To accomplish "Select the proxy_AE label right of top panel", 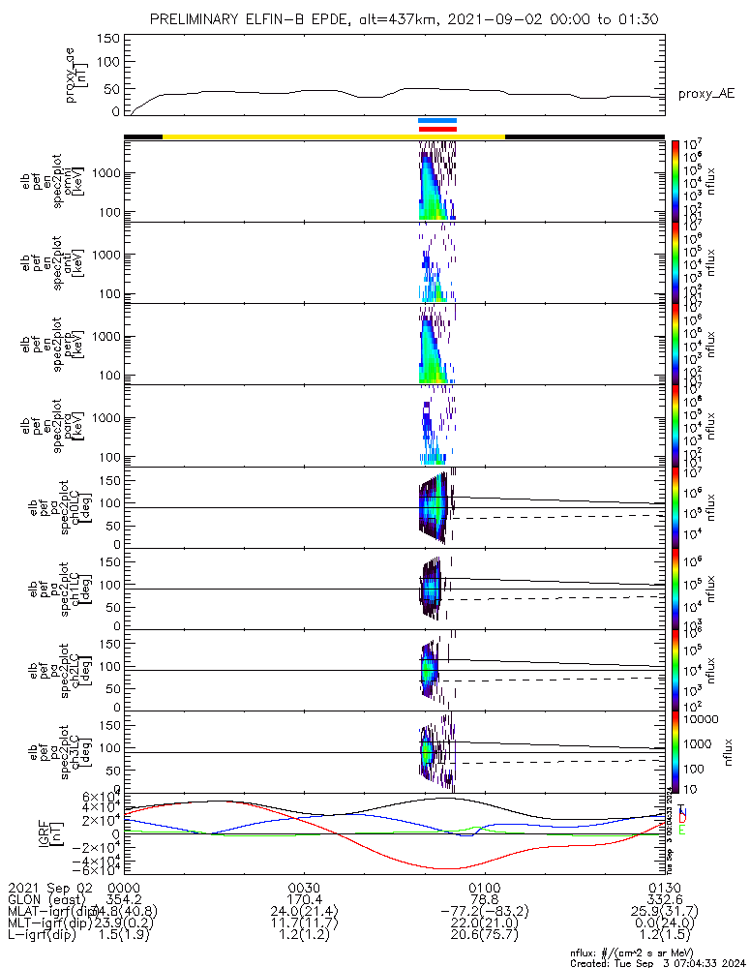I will coord(707,94).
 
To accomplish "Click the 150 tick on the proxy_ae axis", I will coord(108,38).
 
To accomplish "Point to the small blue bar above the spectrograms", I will coord(437,121).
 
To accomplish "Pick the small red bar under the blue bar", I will coord(437,129).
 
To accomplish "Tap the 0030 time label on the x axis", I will coord(305,888).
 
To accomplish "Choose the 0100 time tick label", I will coord(484,888).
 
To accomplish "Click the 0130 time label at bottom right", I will coord(664,888).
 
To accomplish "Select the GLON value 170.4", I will coord(305,900).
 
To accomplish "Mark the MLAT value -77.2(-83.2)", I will coord(484,913).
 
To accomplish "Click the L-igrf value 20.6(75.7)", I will coord(484,938).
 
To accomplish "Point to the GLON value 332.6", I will coord(664,900).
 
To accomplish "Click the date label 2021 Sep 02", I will coord(48,888).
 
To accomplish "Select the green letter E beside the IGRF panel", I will coord(681,830).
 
